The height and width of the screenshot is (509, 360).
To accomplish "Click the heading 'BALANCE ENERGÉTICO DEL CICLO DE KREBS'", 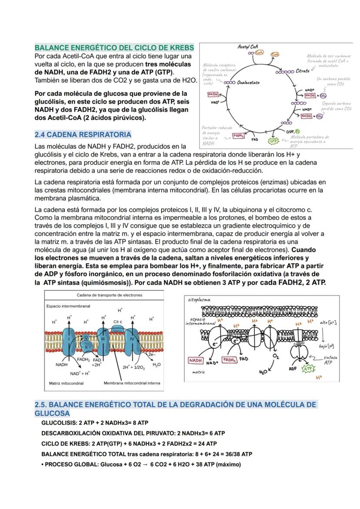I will (x=114, y=47).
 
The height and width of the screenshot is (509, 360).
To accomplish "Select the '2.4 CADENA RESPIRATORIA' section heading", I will (x=83, y=134).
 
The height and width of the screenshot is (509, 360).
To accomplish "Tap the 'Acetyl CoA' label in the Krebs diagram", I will (x=248, y=47).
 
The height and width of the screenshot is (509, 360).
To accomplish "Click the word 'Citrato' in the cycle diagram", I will (x=303, y=71).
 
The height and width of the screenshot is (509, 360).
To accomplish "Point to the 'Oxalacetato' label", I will (x=248, y=83).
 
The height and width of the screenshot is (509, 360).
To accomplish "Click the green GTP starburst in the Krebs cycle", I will (x=273, y=141).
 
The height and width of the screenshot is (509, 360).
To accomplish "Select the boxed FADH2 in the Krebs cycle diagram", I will (x=238, y=136).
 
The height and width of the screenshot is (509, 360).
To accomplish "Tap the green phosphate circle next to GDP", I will (x=297, y=131).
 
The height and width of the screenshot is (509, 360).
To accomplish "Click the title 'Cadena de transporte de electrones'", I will (x=109, y=295).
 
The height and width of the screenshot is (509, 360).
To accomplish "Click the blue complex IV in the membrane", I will (x=133, y=339).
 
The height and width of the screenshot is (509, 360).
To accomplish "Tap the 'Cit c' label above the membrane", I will (x=118, y=322).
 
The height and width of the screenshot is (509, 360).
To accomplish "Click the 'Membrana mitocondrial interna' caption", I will (x=132, y=383).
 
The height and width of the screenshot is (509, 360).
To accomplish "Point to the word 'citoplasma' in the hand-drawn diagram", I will (x=199, y=299).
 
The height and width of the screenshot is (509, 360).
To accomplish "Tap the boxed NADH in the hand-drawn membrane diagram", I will (x=196, y=360).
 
